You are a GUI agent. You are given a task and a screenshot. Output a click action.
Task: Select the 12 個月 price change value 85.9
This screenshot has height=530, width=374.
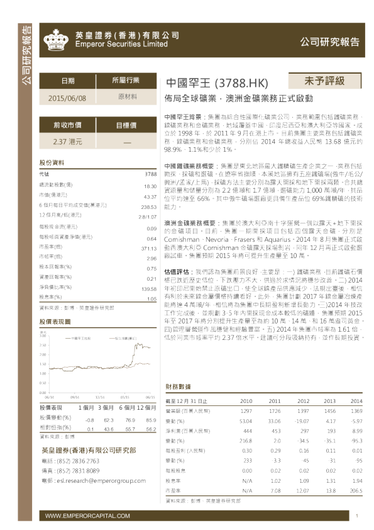coord(150,419)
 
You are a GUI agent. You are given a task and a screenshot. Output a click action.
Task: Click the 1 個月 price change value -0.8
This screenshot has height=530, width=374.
coord(90,419)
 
